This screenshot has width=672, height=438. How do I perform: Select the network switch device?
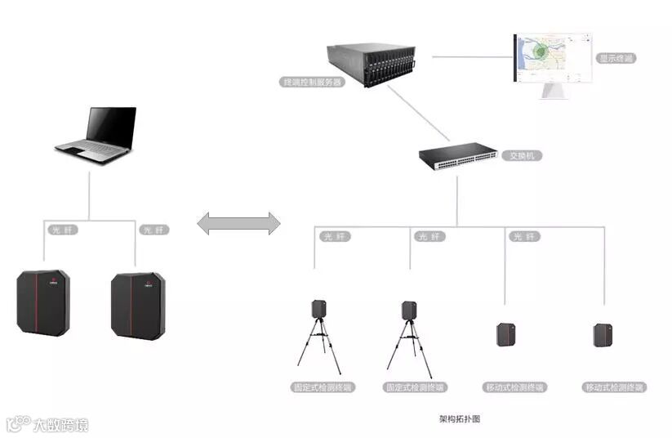pos(457,157)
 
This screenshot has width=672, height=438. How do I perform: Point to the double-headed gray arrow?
pos(239,223)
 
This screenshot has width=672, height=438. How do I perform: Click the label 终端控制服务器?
pos(311,82)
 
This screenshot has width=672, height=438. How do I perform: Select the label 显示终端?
pos(616,58)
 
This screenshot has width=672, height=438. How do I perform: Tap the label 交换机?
pos(522,155)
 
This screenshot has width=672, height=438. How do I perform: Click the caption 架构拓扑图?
pos(460,418)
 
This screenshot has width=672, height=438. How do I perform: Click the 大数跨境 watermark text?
pos(60,425)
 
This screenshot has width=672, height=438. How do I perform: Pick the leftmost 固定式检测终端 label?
pos(322,387)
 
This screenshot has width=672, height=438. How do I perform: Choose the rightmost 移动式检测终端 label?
pos(615,387)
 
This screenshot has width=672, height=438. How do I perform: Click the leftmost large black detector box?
pos(43,302)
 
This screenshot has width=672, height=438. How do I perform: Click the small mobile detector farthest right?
pos(603,334)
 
